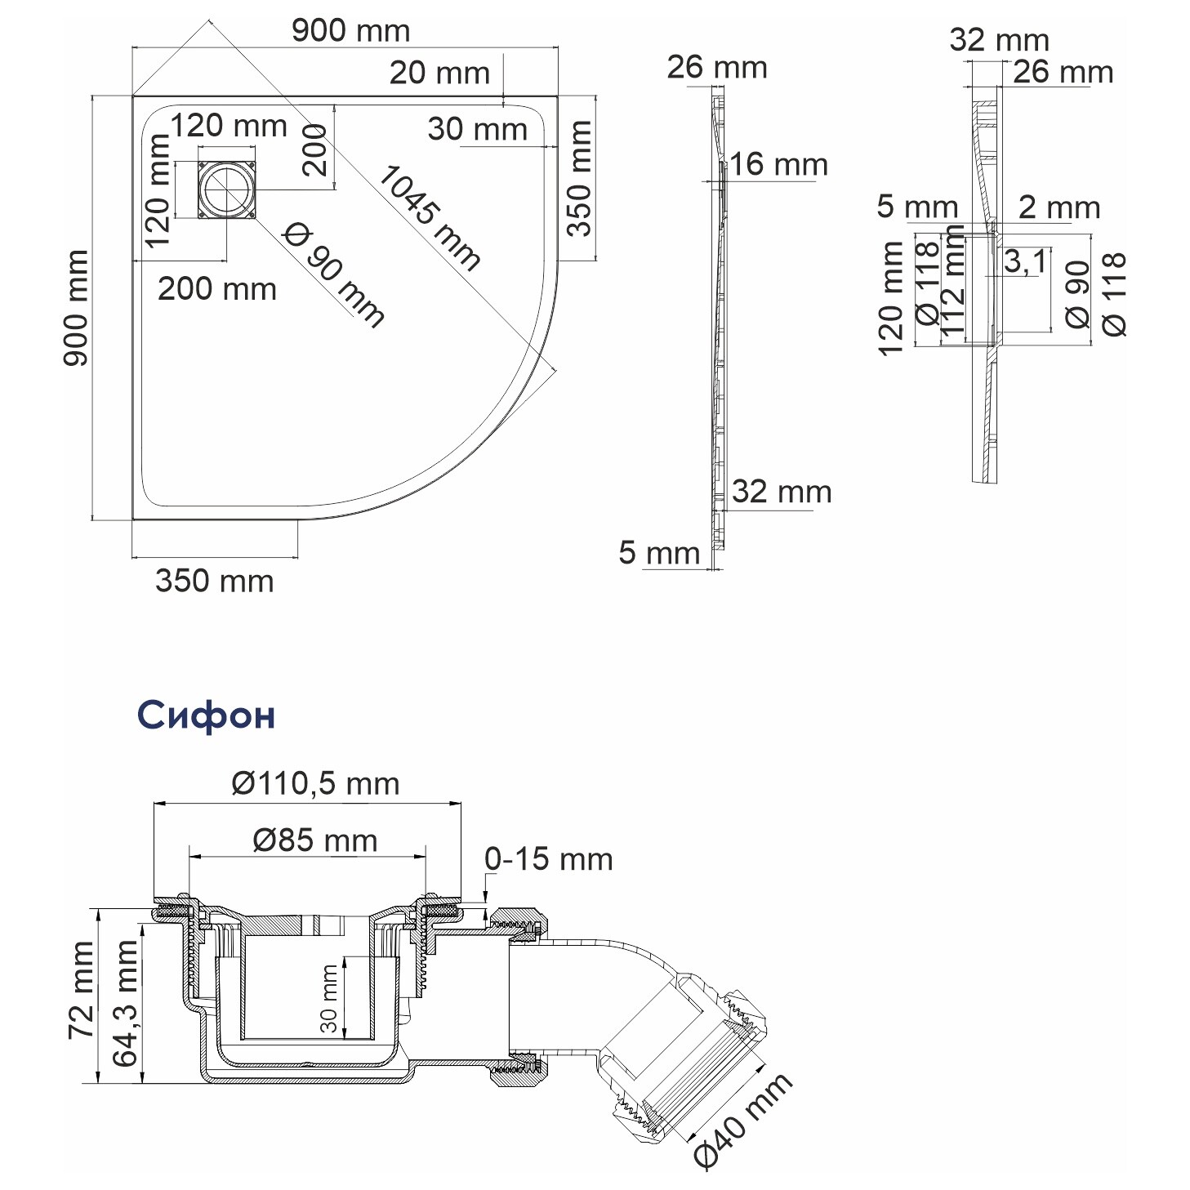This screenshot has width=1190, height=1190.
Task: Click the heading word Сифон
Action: (206, 715)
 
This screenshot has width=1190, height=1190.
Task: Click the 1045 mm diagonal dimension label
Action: (429, 217)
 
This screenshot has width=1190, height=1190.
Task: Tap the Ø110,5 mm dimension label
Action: (315, 783)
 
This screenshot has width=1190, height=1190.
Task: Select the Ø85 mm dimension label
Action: (315, 840)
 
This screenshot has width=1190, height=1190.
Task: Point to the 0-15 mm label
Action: (548, 859)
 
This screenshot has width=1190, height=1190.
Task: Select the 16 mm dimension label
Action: (778, 165)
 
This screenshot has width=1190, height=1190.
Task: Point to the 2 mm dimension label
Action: (1059, 207)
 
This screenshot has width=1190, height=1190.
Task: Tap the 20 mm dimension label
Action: (439, 73)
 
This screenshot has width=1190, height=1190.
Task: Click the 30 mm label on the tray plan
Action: (477, 129)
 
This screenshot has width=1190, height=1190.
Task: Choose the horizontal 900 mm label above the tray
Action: (350, 31)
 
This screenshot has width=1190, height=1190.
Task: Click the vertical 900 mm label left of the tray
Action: (76, 308)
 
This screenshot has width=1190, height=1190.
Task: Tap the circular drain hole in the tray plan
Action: (226, 190)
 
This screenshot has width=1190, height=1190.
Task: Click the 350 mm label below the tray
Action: (214, 581)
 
